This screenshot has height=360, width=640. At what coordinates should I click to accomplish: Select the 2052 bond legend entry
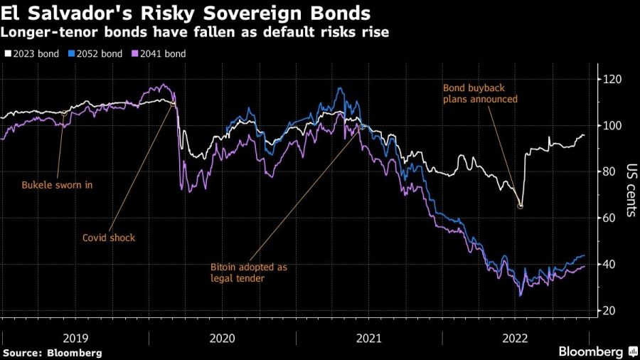coord(95,53)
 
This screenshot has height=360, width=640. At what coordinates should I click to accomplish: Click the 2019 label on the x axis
coord(75,339)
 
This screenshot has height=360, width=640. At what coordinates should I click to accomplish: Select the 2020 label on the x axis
coord(222,339)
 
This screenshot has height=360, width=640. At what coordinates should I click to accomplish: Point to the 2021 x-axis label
coord(369,339)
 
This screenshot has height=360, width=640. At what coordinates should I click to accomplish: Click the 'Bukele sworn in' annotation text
coord(58,185)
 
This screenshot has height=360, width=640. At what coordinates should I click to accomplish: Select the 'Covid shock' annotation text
coord(108,237)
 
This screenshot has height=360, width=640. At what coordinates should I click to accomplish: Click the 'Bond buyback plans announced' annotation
coord(480,93)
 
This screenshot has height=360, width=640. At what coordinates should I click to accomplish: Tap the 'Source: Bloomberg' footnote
coord(52,353)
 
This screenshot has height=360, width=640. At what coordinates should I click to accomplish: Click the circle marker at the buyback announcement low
coord(521,206)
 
